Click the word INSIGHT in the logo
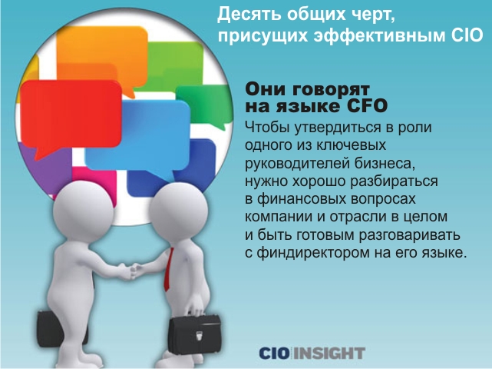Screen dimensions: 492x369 (329, 353)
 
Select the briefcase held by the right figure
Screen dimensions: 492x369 (194, 334)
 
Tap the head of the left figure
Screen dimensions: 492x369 (83, 211)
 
